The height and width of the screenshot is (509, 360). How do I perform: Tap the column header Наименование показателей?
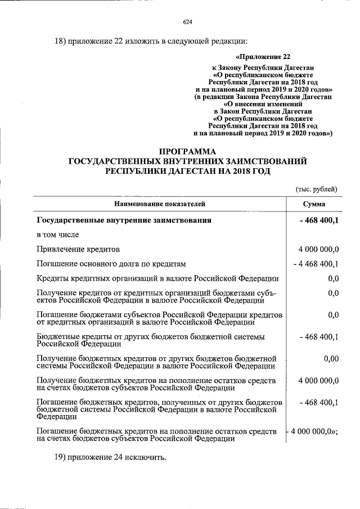(160, 204)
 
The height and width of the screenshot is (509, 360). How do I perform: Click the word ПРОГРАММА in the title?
(187, 151)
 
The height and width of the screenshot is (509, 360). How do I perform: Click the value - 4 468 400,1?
(316, 264)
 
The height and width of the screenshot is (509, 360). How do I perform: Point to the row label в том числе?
(58, 235)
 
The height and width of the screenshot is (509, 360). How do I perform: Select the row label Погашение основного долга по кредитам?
(111, 264)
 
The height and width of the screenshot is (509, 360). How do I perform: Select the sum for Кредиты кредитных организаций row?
(332, 278)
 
